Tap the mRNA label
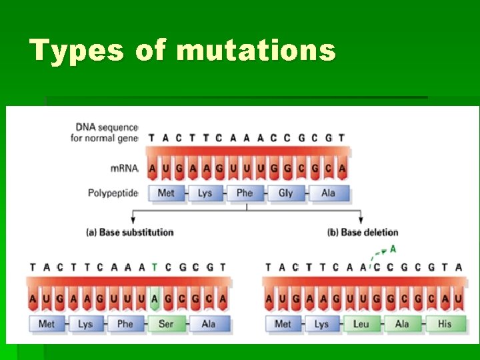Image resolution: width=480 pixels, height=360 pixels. coord(125,168)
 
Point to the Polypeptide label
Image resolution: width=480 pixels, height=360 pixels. coord(113,193)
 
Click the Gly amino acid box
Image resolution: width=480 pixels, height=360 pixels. coord(285,193)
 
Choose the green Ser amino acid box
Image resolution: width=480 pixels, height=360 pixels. coord(166,324)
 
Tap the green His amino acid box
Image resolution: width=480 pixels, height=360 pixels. coord(444,324)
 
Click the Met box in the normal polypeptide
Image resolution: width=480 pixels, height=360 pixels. coord(166,193)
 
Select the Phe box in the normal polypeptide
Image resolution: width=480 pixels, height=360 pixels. coord(245,193)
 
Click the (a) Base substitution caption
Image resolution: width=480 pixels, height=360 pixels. coord(130,232)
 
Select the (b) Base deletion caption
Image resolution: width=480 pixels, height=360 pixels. coord(363,232)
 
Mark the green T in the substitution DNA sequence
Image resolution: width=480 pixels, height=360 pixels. coord(154,267)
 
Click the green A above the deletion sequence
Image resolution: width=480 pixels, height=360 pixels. coord(393,249)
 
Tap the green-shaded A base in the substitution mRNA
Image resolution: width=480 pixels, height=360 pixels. coord(154,299)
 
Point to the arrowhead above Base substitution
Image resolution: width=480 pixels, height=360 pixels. coord(133,220)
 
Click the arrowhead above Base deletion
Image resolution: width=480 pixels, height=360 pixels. coord(361,220)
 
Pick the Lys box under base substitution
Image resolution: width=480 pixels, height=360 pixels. coord(85,324)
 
